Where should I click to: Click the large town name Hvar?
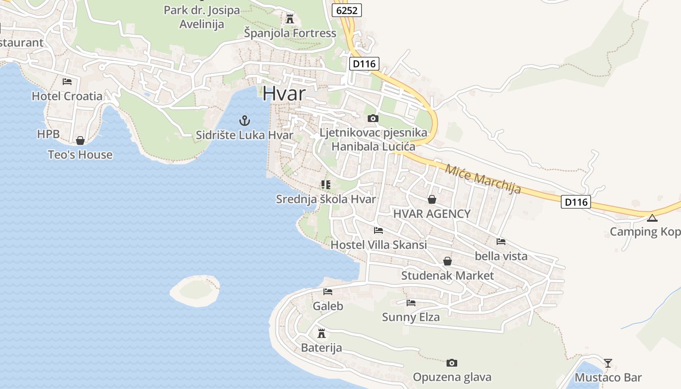click(x=284, y=94)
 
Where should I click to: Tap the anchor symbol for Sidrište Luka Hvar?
click(x=245, y=121)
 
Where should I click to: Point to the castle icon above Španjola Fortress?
click(x=290, y=19)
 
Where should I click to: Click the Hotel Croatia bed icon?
click(x=67, y=82)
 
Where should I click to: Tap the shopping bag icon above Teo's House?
click(x=80, y=141)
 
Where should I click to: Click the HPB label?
click(x=48, y=134)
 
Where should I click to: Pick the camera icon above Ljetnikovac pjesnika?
click(x=373, y=118)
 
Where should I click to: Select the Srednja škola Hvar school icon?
click(x=325, y=185)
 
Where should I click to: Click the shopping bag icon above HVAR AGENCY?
click(x=431, y=199)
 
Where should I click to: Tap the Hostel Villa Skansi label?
click(x=378, y=245)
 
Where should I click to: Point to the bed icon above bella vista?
click(x=501, y=242)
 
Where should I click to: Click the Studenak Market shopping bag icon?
click(x=448, y=262)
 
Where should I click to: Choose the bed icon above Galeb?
click(x=328, y=292)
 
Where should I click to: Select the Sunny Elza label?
click(x=411, y=318)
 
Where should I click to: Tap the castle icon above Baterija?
click(x=321, y=334)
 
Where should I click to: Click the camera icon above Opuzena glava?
click(x=452, y=363)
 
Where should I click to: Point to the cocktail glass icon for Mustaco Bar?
click(x=608, y=363)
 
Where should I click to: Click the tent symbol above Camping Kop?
click(x=652, y=217)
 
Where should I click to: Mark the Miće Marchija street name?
click(x=483, y=178)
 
